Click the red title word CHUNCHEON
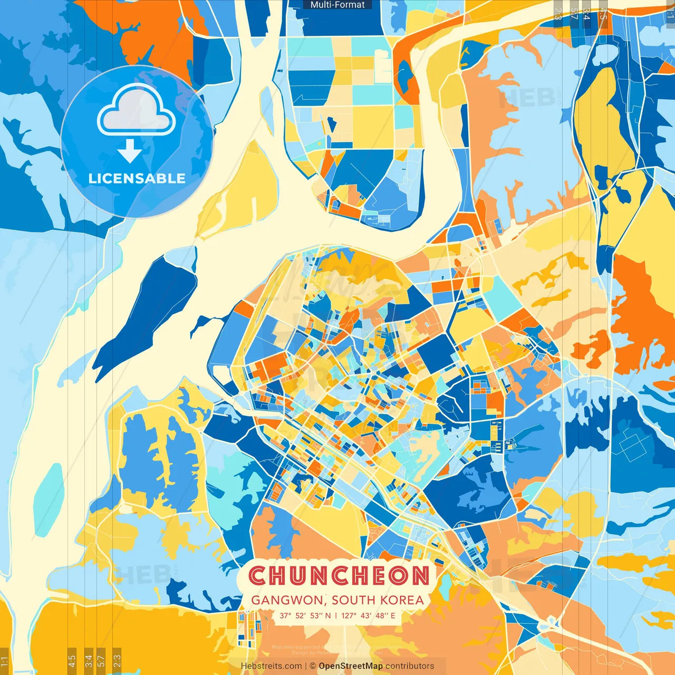(x=339, y=576)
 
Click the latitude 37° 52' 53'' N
(x=305, y=615)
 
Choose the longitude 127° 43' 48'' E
(x=368, y=615)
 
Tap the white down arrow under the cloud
(x=130, y=151)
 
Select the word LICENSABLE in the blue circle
(x=137, y=178)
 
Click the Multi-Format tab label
(x=337, y=5)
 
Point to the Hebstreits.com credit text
(x=271, y=666)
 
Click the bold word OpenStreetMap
(x=350, y=666)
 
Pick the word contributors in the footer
(x=410, y=666)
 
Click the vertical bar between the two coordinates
(x=336, y=615)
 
